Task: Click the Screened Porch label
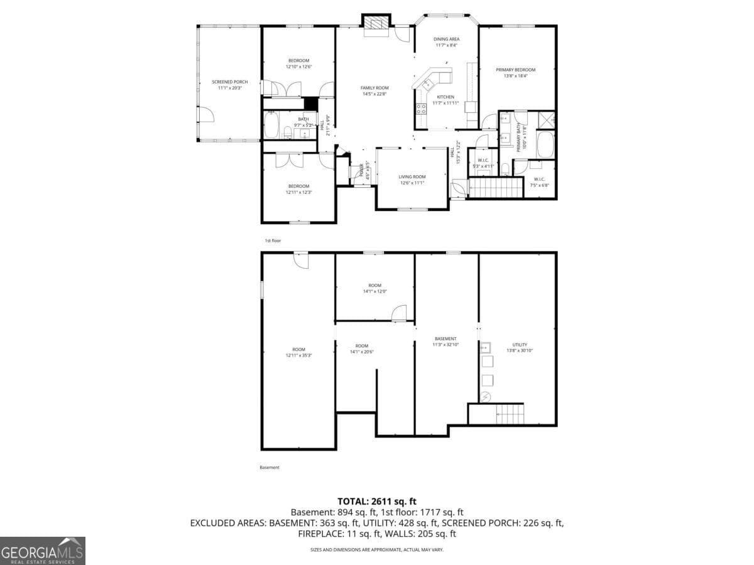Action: coord(229,85)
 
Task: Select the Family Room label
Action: coord(374,91)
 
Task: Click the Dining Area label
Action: coord(446,42)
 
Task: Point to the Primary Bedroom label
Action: coord(515,73)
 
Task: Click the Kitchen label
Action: coord(445,100)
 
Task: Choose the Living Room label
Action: coord(412,180)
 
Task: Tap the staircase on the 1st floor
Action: coord(496,187)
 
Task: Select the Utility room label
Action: coord(520,347)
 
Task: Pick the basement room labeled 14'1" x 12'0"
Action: coord(374,288)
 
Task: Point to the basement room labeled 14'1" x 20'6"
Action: coord(362,348)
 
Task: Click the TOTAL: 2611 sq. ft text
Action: coord(377,501)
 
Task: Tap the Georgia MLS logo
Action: coord(42,551)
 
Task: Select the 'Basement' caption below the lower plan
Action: coord(269,467)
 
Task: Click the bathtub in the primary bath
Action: coord(545,144)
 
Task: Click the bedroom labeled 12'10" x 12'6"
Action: coord(298,63)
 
